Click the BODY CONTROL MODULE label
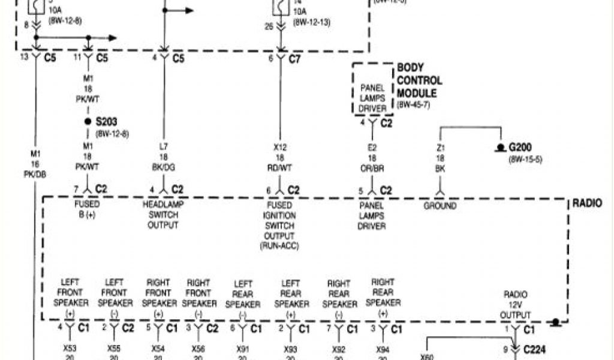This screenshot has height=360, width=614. (x=419, y=80)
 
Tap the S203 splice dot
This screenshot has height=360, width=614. (x=88, y=121)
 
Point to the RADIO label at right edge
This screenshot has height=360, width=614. (x=591, y=203)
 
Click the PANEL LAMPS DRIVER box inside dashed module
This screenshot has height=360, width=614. (x=372, y=98)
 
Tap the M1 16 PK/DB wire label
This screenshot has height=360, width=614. (x=35, y=164)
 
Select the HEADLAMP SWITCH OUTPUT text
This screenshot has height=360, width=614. (x=162, y=214)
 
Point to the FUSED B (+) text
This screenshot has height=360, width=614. (x=87, y=209)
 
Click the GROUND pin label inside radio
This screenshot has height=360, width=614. (x=440, y=206)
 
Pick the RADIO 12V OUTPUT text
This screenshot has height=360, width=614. (x=515, y=304)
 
